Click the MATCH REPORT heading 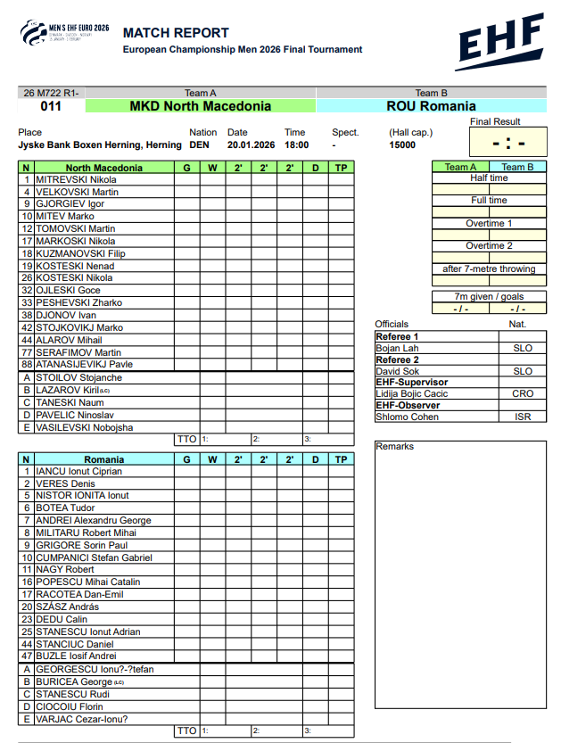tap(176, 33)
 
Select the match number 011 tap(52, 106)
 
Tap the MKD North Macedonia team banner tap(201, 106)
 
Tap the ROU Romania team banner tap(431, 106)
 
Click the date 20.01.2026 tap(252, 144)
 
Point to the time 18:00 tap(296, 144)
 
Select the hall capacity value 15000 tap(401, 144)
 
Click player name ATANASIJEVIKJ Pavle tap(84, 364)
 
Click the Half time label tap(489, 178)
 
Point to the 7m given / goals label tap(489, 297)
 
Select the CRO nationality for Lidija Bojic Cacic tap(523, 393)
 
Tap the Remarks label tap(394, 446)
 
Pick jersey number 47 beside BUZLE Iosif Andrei tap(27, 656)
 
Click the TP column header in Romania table tap(341, 459)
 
